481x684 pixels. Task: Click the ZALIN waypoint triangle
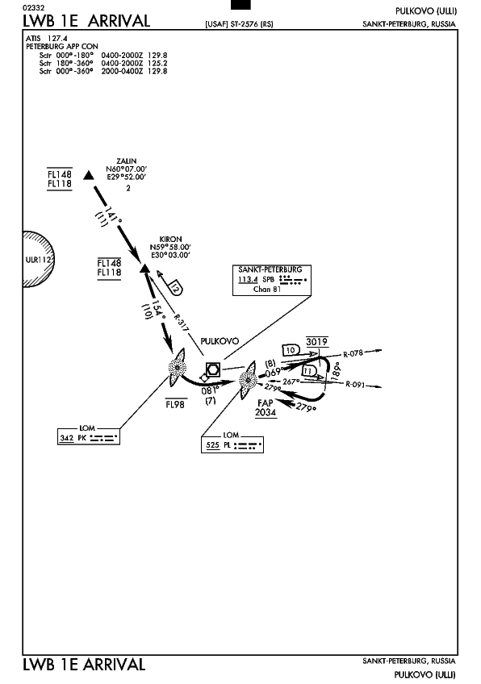pos(89,175)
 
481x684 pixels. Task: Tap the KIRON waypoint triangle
pos(145,268)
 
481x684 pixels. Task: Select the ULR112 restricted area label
pos(39,260)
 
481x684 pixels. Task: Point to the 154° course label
pos(159,311)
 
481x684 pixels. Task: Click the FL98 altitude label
pos(175,404)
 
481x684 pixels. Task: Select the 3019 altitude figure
pos(317,341)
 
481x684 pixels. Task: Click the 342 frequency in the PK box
pos(66,437)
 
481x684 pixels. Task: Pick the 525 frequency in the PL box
pos(212,445)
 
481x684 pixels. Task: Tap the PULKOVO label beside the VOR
pos(220,341)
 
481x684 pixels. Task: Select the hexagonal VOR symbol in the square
pos(213,369)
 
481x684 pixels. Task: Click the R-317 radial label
pos(180,323)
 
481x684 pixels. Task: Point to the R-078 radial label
pos(353,353)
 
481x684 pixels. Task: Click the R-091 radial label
pos(355,384)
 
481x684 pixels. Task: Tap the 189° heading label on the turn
pos(336,371)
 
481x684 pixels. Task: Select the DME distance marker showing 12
pos(175,287)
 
